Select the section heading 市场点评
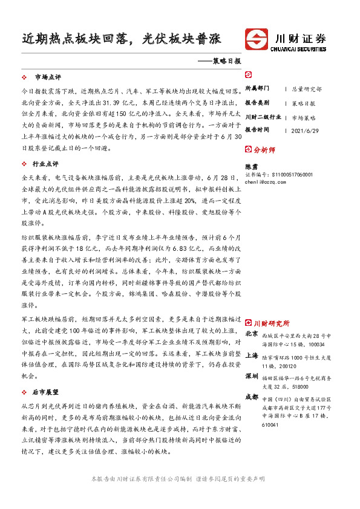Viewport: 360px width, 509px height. click(48, 77)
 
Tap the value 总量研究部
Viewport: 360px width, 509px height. click(307, 88)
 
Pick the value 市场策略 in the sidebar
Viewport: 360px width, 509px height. click(304, 117)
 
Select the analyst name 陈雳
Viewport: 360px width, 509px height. click(250, 165)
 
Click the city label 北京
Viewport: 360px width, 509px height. click(252, 334)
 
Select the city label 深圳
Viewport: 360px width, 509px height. click(252, 377)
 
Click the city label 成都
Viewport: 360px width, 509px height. click(252, 397)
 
